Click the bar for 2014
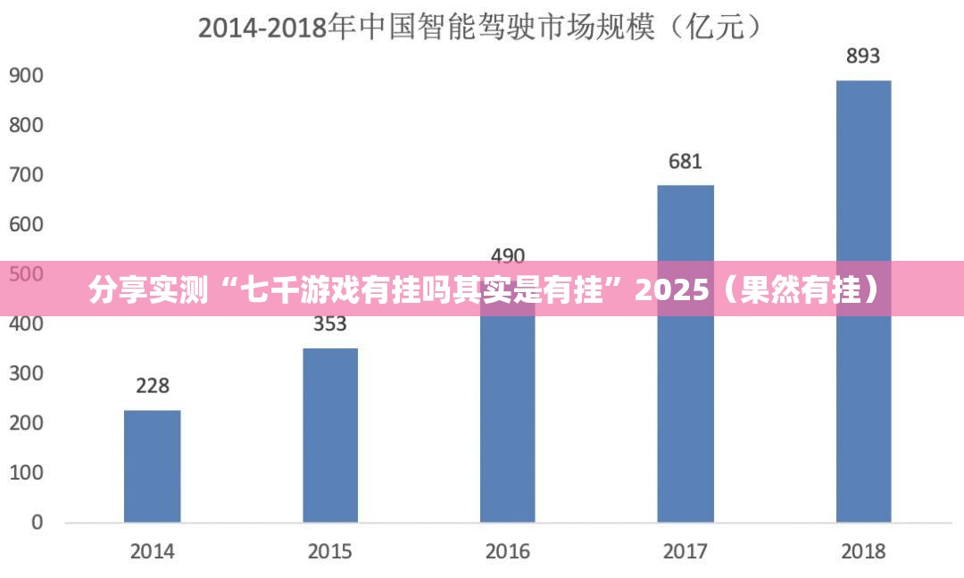(x=152, y=465)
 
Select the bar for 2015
(x=330, y=435)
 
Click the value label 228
(x=153, y=386)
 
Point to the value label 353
(x=330, y=324)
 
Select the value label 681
(x=686, y=162)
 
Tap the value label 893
(x=863, y=56)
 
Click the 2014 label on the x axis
(x=153, y=551)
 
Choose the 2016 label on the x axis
(x=508, y=551)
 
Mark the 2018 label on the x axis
(x=863, y=551)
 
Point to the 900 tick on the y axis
(x=26, y=76)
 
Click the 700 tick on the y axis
(x=26, y=175)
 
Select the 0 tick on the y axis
(x=37, y=522)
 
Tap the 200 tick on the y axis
(x=26, y=423)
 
